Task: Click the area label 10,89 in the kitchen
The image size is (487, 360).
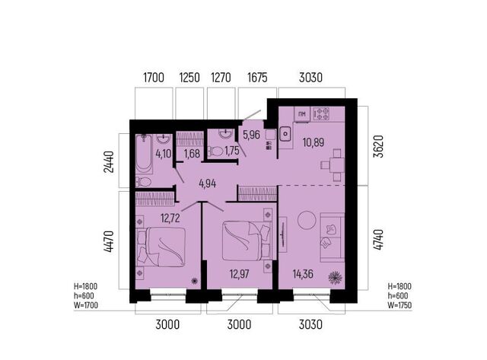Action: coord(313,142)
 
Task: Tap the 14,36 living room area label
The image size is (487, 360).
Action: coord(303,274)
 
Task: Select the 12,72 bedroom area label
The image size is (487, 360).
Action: coord(170,218)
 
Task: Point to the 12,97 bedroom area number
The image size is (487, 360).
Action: coord(239,274)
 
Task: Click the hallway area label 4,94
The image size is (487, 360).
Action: coord(208,184)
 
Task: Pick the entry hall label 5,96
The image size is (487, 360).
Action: coord(251,135)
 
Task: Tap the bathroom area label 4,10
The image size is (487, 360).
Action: coord(164,154)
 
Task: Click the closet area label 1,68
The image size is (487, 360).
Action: coord(192,154)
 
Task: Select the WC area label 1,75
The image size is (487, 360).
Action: coord(232,151)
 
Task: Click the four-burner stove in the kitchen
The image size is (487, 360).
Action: coord(321,114)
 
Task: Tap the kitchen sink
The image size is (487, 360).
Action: coord(285,135)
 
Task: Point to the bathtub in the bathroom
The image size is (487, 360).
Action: coord(144,154)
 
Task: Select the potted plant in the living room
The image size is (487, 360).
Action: coord(336,278)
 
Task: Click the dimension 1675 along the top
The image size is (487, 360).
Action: coord(257,78)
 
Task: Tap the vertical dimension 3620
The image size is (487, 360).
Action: coord(379,146)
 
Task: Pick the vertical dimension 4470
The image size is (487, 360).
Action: coord(108,241)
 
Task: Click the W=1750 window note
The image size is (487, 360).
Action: coord(399,305)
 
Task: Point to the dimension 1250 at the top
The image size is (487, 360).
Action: coord(189,78)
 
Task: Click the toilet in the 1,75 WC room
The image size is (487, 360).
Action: coord(215,151)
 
